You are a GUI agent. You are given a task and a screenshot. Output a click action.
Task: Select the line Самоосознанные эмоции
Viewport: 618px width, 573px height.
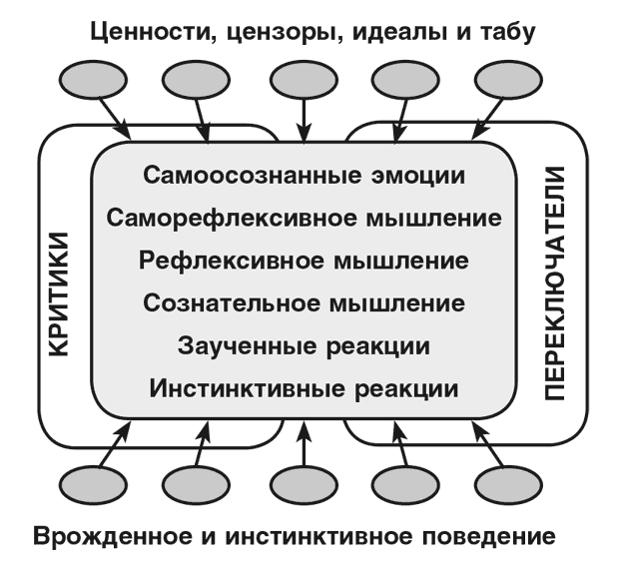coord(305,175)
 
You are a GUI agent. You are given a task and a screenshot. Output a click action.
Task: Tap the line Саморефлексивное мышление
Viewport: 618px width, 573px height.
coord(305,217)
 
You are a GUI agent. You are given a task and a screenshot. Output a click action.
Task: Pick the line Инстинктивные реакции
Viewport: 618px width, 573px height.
coord(305,387)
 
